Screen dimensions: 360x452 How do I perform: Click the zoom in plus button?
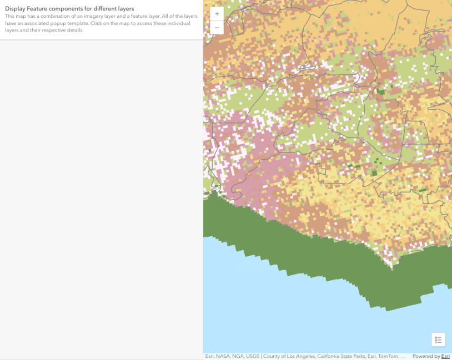[217, 13]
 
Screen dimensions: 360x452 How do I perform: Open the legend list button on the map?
[438, 339]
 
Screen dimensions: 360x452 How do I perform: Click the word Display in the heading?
[15, 9]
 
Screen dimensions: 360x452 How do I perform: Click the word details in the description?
[74, 30]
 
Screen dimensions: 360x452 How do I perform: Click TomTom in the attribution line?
[386, 357]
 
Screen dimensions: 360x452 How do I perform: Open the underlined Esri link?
[445, 357]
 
